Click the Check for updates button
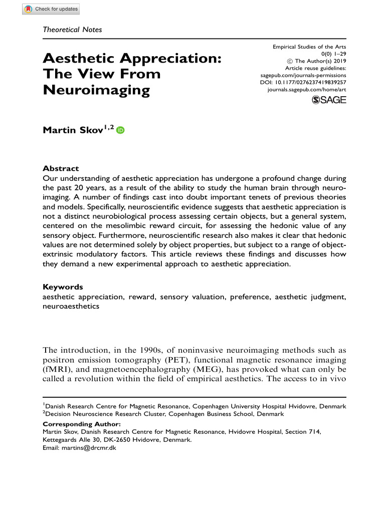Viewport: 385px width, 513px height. click(x=51, y=9)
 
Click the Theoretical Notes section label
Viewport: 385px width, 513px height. click(x=72, y=29)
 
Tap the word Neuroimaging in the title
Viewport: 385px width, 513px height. click(x=96, y=91)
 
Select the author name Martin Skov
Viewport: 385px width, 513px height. click(x=74, y=130)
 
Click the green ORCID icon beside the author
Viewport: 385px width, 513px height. click(x=120, y=130)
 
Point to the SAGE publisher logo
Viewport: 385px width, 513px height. click(x=329, y=100)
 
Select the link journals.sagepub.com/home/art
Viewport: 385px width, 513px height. click(x=307, y=89)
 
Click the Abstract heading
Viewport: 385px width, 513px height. click(x=61, y=168)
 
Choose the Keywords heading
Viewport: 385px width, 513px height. click(x=63, y=287)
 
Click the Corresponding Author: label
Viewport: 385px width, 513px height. click(x=82, y=424)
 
